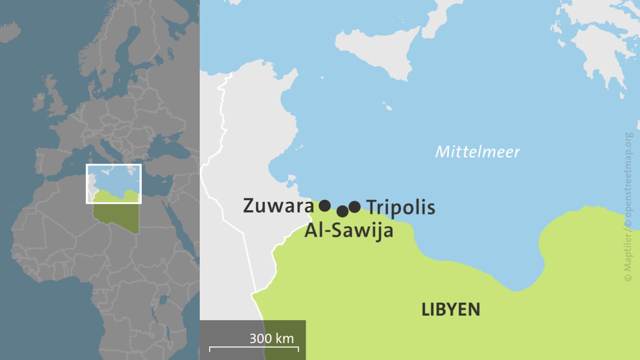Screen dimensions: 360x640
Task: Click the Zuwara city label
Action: pyautogui.click(x=278, y=206)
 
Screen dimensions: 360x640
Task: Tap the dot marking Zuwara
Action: pyautogui.click(x=325, y=206)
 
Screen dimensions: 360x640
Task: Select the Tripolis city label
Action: pyautogui.click(x=401, y=207)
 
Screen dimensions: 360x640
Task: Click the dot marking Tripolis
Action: pyautogui.click(x=355, y=207)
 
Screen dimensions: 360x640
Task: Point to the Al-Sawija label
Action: pyautogui.click(x=349, y=230)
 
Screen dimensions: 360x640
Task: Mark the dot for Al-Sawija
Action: pyautogui.click(x=342, y=211)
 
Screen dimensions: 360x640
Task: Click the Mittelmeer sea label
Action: pyautogui.click(x=477, y=152)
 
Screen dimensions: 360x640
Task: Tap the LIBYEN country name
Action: pyautogui.click(x=451, y=309)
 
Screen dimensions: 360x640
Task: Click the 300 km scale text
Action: pyautogui.click(x=272, y=338)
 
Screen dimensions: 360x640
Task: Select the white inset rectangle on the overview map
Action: pyautogui.click(x=114, y=165)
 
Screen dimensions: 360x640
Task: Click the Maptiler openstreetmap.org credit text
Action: pyautogui.click(x=629, y=207)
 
